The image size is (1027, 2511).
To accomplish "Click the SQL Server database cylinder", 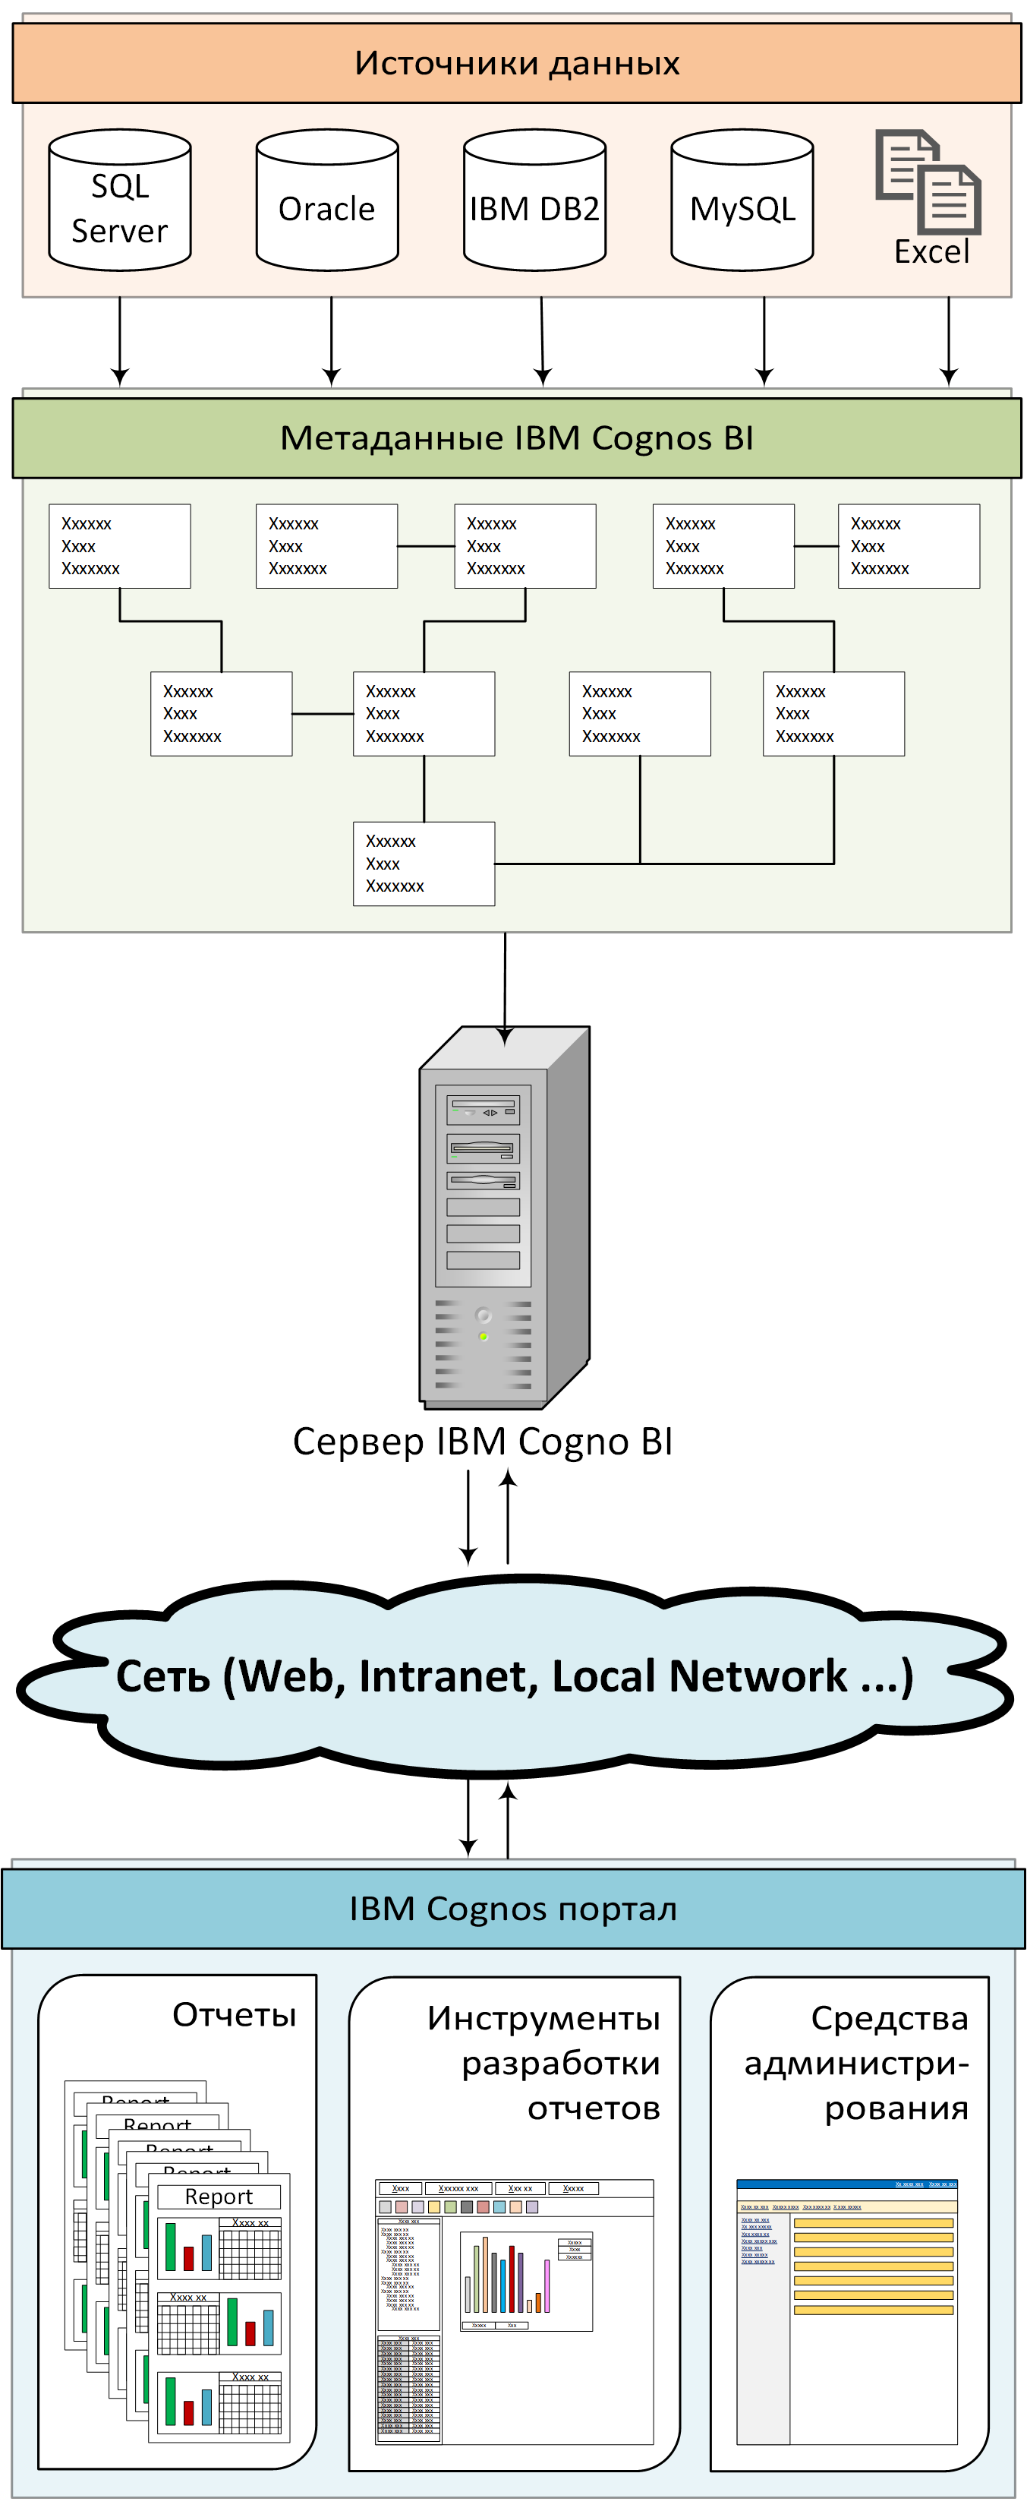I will pyautogui.click(x=120, y=202).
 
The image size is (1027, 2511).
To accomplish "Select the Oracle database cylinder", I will pyautogui.click(x=327, y=202).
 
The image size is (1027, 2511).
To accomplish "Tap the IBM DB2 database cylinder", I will pyautogui.click(x=535, y=202).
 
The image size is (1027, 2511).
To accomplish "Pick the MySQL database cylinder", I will pyautogui.click(x=742, y=202).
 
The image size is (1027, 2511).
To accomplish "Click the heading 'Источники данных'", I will pyautogui.click(x=516, y=63).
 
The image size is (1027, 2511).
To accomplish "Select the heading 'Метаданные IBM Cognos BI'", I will pyautogui.click(x=516, y=439).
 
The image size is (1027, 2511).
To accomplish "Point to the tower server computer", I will pyautogui.click(x=504, y=1218).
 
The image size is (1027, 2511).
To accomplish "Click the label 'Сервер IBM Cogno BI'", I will pyautogui.click(x=482, y=1442).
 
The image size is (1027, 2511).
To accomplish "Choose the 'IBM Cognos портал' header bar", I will pyautogui.click(x=512, y=1909).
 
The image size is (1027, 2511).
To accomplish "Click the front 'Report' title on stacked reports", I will pyautogui.click(x=219, y=2196).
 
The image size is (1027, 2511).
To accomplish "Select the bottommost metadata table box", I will pyautogui.click(x=424, y=864).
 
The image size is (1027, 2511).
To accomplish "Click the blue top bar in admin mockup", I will pyautogui.click(x=847, y=2184).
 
